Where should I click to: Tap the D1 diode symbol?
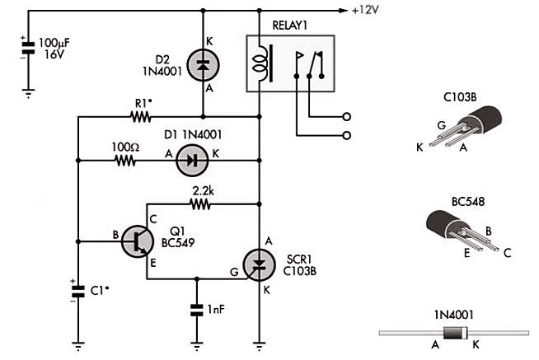point(190,162)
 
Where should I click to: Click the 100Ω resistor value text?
point(123,147)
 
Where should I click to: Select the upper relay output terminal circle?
point(347,115)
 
